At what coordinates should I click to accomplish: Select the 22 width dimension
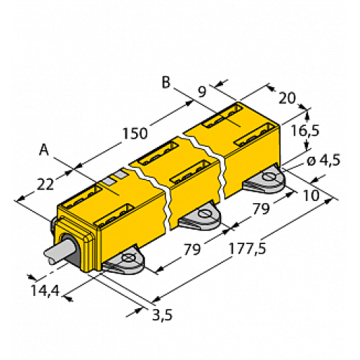[45, 184]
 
